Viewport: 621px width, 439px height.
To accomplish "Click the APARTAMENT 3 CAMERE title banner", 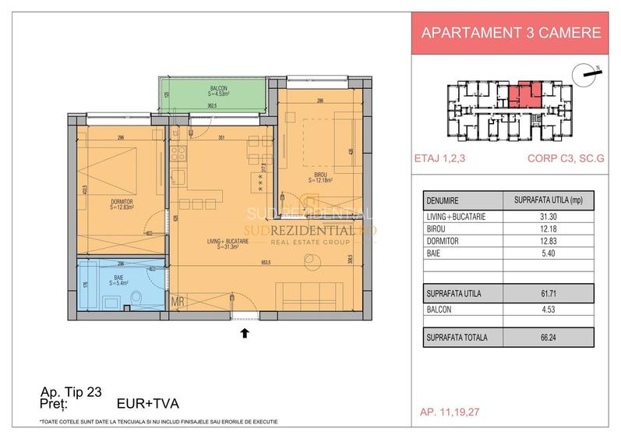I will [x=510, y=33].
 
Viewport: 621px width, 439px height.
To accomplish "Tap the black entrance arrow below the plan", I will [x=245, y=332].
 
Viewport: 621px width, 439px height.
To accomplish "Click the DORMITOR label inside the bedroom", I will [x=122, y=204].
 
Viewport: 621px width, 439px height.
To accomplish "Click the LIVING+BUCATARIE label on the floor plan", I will [x=228, y=243].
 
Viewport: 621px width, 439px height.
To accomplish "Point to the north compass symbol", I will [x=584, y=73].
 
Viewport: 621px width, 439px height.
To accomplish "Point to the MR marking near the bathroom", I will [x=178, y=300].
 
